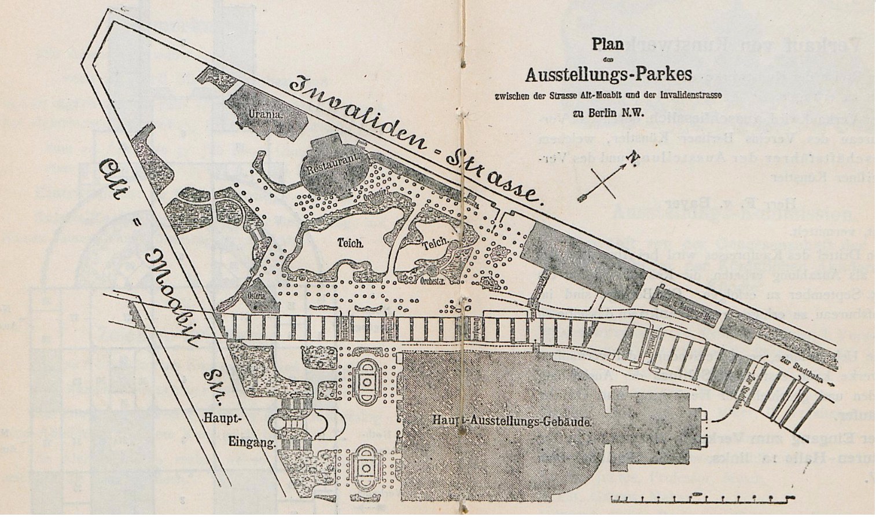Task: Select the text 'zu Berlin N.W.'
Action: coord(608,113)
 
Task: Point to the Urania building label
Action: coord(266,114)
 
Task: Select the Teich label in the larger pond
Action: coord(351,244)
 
